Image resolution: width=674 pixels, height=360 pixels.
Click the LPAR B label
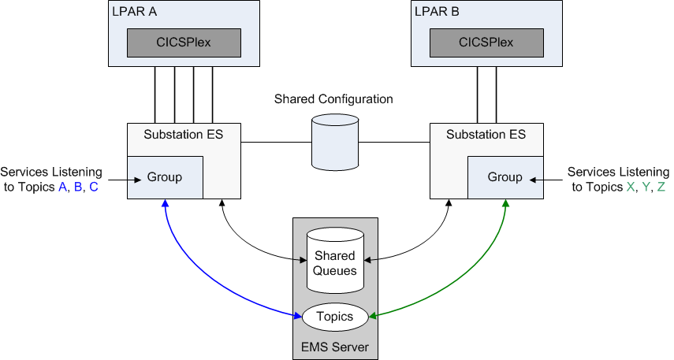[x=437, y=13]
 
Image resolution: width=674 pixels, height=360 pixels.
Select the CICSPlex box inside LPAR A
[x=184, y=43]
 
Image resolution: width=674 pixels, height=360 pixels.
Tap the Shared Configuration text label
[x=333, y=99]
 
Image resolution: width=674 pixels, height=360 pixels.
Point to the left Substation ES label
[x=183, y=135]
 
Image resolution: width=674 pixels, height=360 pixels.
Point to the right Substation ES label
[x=486, y=135]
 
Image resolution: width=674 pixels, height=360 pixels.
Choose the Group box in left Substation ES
[x=165, y=177]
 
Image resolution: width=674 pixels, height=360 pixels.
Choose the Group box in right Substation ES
[x=505, y=177]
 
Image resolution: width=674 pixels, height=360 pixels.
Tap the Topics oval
[x=335, y=317]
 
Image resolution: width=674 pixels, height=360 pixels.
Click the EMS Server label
[x=335, y=347]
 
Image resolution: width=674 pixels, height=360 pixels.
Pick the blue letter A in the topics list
[x=63, y=187]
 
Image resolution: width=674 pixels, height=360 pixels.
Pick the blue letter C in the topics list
[x=94, y=187]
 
